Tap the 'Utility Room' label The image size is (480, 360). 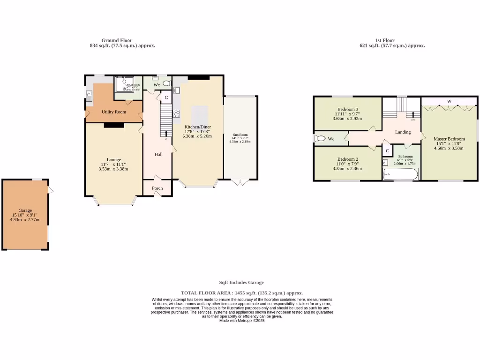(x=114, y=112)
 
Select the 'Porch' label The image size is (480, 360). (x=157, y=188)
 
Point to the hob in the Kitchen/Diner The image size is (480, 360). (x=176, y=113)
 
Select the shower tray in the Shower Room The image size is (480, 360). (x=125, y=84)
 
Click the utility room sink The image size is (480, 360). (x=89, y=95)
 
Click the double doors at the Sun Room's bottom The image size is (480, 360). (x=240, y=182)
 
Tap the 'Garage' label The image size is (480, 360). (x=25, y=210)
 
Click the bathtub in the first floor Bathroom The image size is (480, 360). (x=400, y=174)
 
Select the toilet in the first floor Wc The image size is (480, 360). (x=321, y=139)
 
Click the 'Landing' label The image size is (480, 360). (x=403, y=132)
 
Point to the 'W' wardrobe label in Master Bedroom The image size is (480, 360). (x=449, y=101)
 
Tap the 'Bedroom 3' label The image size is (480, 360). (x=347, y=109)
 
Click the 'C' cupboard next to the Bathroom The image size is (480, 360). (x=387, y=151)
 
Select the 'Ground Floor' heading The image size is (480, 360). (x=117, y=40)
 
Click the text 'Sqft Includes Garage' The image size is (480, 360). (x=241, y=283)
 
